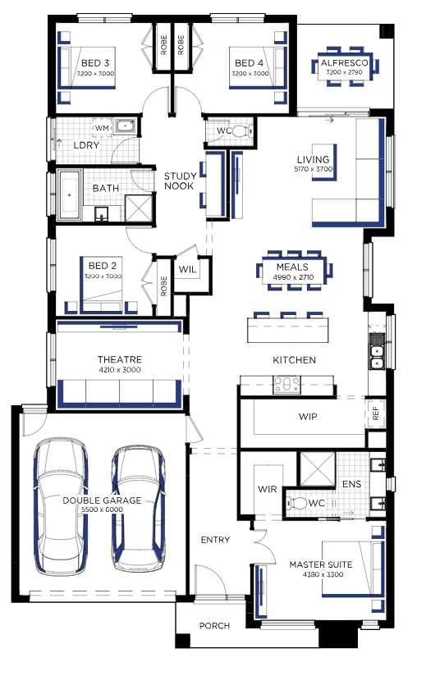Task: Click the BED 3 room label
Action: coord(95,63)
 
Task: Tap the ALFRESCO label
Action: coord(344,63)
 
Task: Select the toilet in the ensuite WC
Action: coord(295,503)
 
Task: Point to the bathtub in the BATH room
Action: coord(70,194)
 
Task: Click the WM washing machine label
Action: coord(102,128)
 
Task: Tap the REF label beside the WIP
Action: coord(376,413)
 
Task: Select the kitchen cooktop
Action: coord(286,385)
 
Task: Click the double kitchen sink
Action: coord(377,351)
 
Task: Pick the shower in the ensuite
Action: coord(318,469)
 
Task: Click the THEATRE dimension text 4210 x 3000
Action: coord(120,369)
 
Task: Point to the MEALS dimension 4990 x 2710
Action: coord(293,277)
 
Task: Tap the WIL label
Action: coord(187,270)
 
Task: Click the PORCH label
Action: coord(214,626)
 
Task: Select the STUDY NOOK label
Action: coord(180,181)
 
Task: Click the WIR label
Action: coord(267,489)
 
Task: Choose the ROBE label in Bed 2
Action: coord(163,286)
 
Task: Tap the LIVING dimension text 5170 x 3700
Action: coord(314,169)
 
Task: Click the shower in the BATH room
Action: coord(139,208)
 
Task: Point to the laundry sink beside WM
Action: coord(126,126)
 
